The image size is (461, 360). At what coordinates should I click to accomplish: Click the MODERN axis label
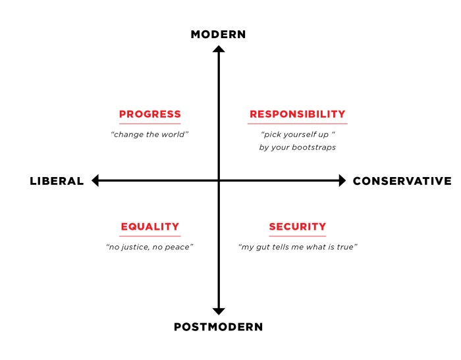click(218, 34)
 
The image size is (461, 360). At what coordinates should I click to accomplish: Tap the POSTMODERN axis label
click(218, 327)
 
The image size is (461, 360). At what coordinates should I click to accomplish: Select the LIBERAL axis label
click(57, 181)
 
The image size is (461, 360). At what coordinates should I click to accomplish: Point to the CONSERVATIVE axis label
click(402, 181)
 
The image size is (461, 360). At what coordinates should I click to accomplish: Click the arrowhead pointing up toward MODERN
click(219, 49)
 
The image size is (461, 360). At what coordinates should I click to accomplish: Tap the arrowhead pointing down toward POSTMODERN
click(219, 311)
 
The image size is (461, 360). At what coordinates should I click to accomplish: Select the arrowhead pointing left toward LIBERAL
click(95, 180)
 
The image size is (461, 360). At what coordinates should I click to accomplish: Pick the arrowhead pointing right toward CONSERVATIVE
click(342, 180)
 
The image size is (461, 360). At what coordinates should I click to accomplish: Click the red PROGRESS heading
click(150, 114)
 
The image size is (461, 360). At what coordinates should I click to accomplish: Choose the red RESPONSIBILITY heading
click(297, 114)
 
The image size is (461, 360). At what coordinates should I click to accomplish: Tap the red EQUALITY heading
click(150, 226)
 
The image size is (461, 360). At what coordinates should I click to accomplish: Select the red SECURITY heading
click(297, 226)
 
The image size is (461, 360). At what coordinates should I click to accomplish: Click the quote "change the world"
click(149, 134)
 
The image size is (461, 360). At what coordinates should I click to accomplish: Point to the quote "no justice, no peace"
click(149, 247)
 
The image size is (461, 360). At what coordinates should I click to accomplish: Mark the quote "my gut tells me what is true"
click(298, 247)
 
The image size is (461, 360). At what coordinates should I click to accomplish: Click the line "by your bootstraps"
click(297, 147)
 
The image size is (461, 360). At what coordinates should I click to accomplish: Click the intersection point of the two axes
click(219, 180)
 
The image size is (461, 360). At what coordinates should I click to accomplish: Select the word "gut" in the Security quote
click(263, 247)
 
